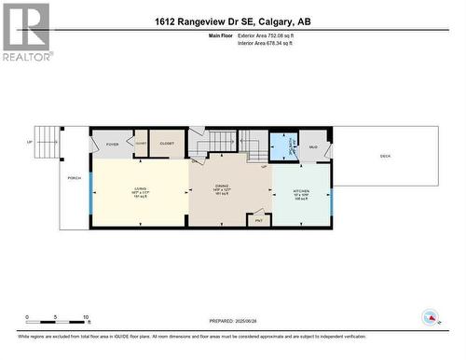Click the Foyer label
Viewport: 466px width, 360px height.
(112, 145)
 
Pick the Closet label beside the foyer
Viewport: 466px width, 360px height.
(167, 145)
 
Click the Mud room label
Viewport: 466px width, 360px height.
(313, 147)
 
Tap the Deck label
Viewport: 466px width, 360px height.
(385, 157)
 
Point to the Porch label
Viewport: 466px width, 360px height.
(74, 177)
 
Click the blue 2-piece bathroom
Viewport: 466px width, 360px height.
(282, 146)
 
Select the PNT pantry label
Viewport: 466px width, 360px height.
(257, 220)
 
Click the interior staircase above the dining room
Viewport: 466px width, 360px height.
(223, 142)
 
